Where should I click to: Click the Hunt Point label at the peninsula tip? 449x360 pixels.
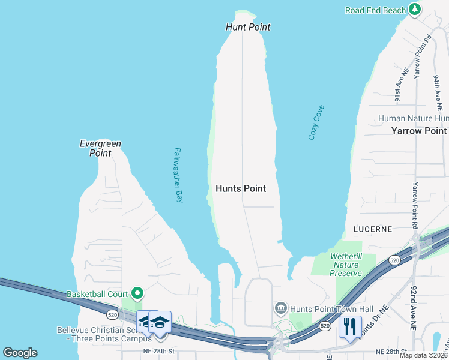[x=248, y=27]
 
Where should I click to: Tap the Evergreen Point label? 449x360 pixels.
[x=101, y=148]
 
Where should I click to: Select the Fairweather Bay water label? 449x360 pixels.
[x=178, y=176]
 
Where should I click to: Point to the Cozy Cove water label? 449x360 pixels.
[x=316, y=122]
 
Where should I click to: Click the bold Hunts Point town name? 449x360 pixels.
[x=240, y=188]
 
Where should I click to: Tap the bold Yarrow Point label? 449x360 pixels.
[x=419, y=131]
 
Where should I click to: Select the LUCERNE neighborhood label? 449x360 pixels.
[x=373, y=229]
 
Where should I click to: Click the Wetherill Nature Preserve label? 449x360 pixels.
[x=346, y=265]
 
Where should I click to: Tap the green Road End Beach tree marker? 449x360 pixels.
[x=414, y=9]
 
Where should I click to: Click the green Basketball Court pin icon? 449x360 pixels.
[x=137, y=294]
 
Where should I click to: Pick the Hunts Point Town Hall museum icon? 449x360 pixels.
[x=280, y=309]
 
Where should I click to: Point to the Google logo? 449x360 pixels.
[x=20, y=353]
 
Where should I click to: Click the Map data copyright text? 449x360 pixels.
[x=423, y=355]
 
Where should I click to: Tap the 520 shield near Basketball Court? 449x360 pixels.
[x=112, y=314]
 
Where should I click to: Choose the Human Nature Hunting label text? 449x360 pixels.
[x=412, y=119]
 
